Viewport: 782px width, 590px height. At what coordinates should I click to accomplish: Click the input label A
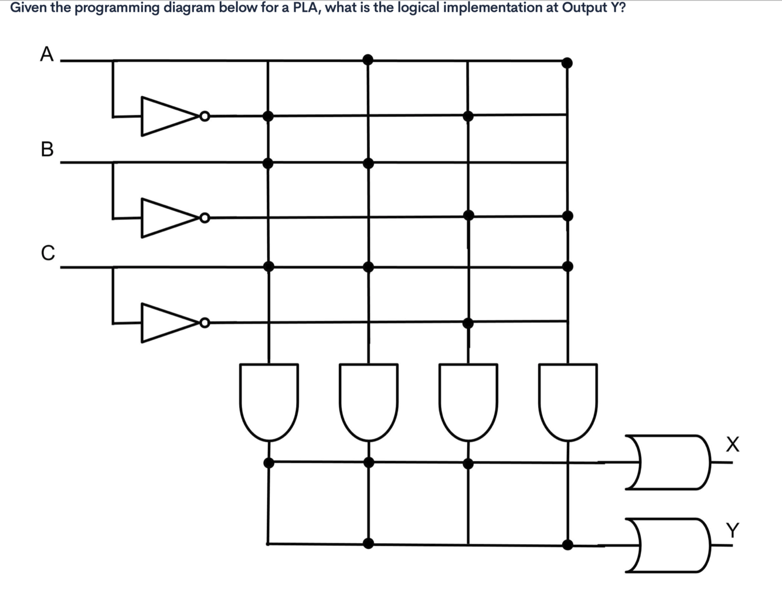coord(47,55)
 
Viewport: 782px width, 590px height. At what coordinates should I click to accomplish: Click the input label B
coord(47,149)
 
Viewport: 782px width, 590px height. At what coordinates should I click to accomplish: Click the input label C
coord(47,253)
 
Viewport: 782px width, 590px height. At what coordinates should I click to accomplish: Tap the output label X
coord(732,444)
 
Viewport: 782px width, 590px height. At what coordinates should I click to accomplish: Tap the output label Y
coord(732,530)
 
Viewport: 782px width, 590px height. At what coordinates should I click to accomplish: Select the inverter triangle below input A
coord(167,116)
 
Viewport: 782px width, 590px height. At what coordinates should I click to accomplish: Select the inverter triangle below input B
coord(167,218)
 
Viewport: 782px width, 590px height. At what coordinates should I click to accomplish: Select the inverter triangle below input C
coord(167,323)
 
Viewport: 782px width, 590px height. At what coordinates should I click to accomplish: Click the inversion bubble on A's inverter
coord(203,116)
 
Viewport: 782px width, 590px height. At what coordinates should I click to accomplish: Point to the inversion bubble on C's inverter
coord(203,323)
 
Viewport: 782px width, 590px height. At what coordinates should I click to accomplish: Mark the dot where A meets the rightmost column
coord(567,62)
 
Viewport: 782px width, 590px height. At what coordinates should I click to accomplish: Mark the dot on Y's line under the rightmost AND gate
coord(567,544)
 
